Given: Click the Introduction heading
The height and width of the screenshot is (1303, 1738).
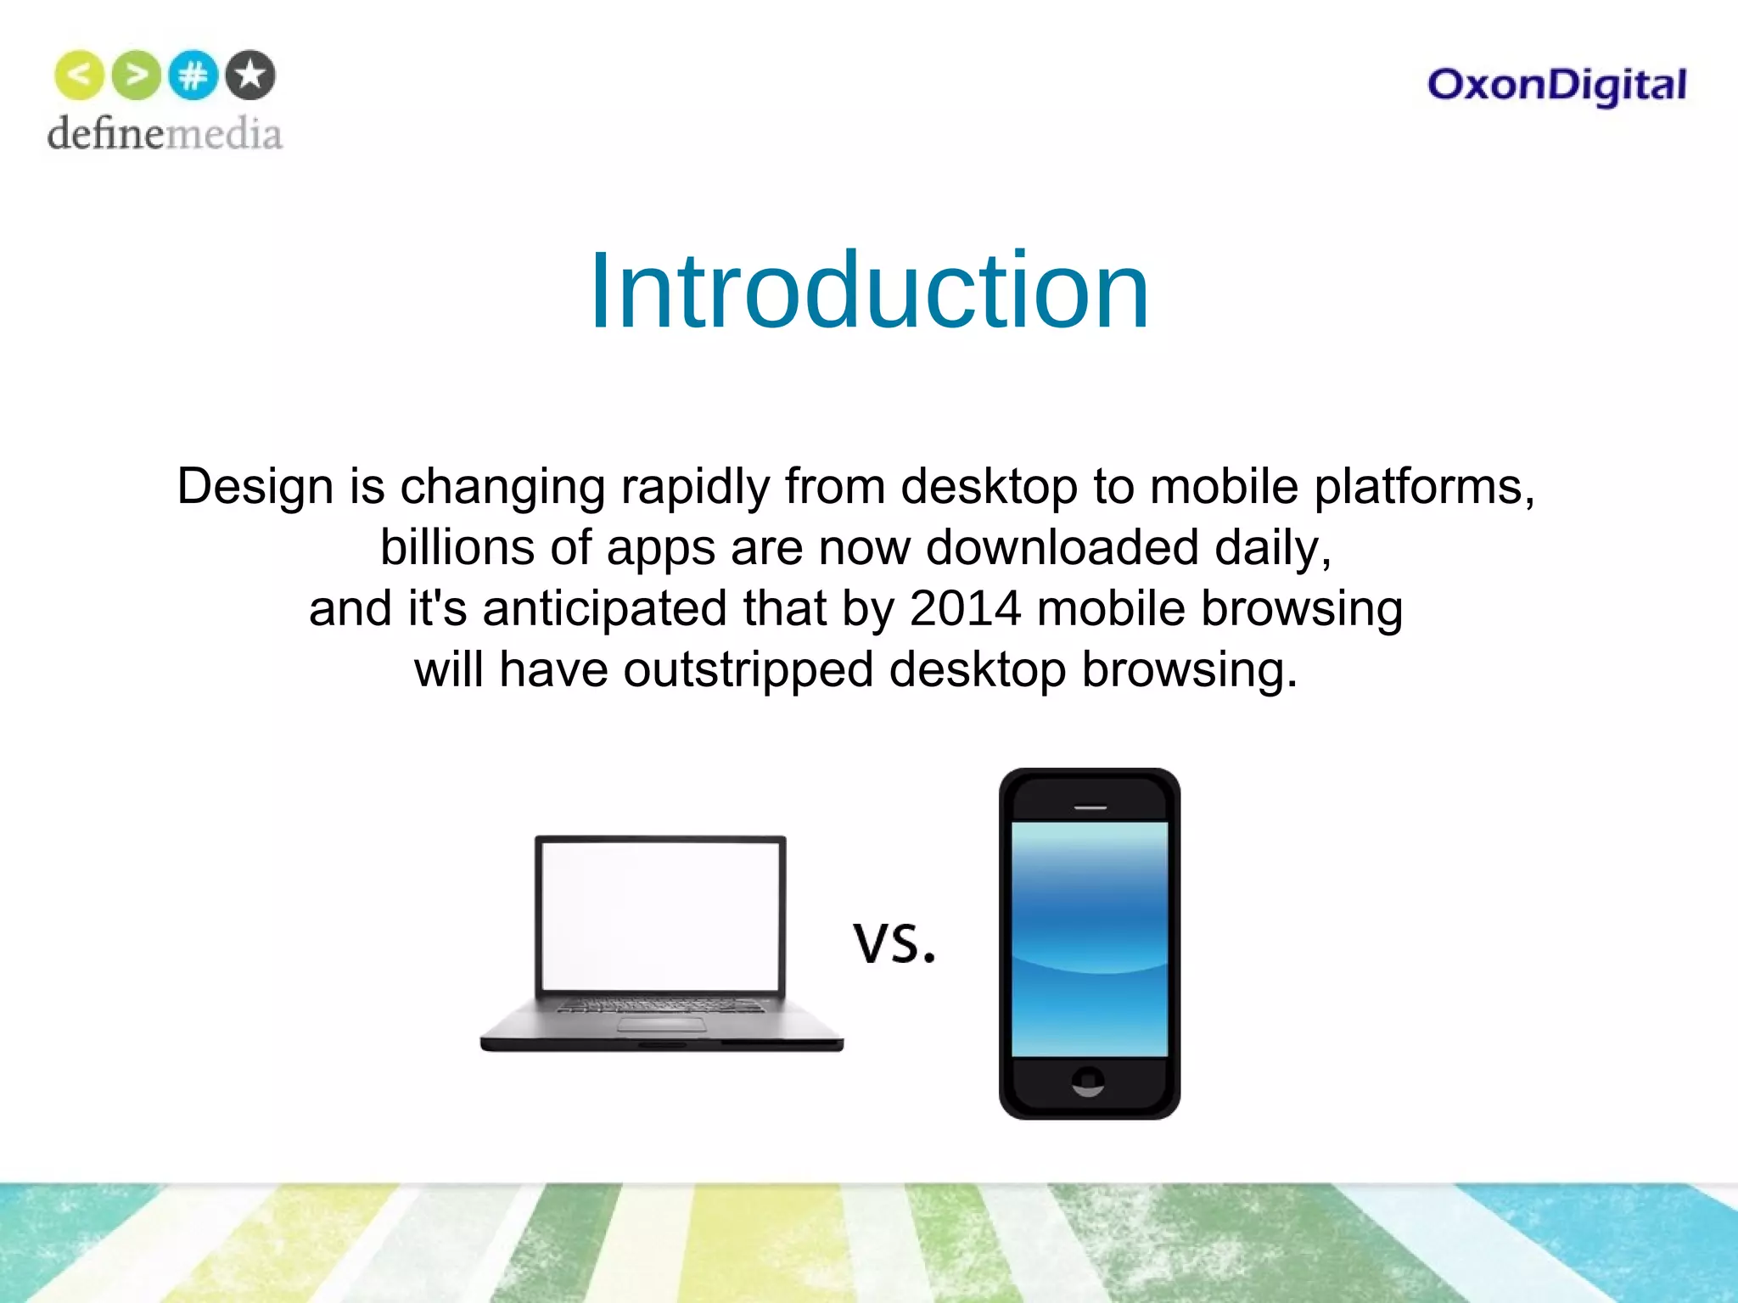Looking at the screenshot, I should [869, 291].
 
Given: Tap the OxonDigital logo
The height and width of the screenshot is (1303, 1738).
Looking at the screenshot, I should [1556, 86].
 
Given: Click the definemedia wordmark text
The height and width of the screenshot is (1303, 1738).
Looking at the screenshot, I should [165, 134].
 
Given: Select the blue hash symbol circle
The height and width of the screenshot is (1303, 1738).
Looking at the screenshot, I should [193, 75].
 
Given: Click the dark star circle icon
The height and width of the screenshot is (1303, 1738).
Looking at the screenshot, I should [250, 75].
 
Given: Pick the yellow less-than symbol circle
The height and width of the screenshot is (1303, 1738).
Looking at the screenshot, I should [79, 75].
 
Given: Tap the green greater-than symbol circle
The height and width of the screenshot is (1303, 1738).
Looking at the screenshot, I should [136, 75].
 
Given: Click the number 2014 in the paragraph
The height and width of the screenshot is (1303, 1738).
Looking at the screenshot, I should [965, 608].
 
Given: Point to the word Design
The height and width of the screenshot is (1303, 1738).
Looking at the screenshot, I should [255, 487].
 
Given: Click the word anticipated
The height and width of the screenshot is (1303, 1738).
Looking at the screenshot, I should [604, 609].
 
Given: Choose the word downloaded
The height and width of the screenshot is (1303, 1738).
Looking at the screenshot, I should [1062, 548].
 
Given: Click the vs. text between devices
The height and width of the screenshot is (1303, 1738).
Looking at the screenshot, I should [894, 943].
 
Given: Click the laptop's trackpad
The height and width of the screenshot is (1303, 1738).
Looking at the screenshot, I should [662, 1026].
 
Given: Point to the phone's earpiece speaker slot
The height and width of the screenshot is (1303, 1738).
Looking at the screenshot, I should [1090, 808].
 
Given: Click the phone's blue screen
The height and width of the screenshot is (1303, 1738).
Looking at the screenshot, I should [1090, 939].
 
